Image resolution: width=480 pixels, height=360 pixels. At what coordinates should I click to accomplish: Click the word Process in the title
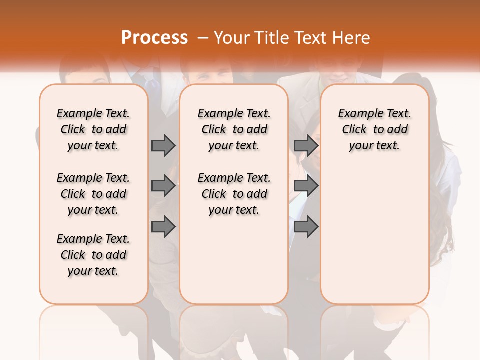coord(154,38)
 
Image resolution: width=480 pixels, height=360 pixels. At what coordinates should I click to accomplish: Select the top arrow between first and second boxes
coord(163,145)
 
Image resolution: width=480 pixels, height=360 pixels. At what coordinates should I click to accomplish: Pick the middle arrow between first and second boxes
coord(163,186)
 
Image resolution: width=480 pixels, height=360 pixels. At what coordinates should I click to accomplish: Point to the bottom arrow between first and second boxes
coord(163,227)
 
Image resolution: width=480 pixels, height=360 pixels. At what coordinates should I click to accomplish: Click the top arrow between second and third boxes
coord(306,145)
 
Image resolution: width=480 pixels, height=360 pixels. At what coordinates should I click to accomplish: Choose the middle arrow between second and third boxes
coord(306,186)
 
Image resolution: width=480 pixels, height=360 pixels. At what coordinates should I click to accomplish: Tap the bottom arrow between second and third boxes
coord(306,227)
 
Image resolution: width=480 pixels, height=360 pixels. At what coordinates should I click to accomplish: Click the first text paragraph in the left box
coord(93,129)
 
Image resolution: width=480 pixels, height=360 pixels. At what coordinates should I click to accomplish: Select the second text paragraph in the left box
coord(93,194)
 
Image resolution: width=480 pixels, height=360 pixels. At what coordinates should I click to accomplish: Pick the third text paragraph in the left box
coord(93,255)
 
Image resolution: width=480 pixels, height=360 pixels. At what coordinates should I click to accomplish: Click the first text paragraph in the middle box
coord(234,129)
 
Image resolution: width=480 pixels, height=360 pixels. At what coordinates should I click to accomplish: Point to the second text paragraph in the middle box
coord(234,194)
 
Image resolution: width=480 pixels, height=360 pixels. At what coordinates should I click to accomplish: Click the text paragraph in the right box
coord(375,129)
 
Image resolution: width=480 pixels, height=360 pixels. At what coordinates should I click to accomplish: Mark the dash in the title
coord(202,38)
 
